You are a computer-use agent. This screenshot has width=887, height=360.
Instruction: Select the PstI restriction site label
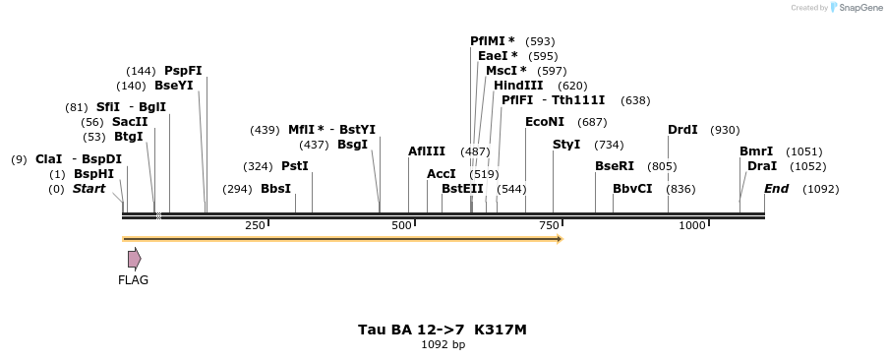(x=295, y=166)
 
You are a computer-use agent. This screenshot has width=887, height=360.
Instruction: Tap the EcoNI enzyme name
(x=545, y=122)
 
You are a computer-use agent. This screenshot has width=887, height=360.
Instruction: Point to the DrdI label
(x=682, y=130)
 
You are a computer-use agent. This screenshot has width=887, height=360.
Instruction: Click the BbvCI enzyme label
(x=632, y=189)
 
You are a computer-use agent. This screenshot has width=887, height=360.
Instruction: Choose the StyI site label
(x=566, y=145)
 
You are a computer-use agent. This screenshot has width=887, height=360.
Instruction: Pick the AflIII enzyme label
(x=427, y=151)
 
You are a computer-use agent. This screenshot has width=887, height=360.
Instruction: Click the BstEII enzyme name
(x=462, y=189)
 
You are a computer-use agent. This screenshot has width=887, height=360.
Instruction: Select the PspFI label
(x=183, y=71)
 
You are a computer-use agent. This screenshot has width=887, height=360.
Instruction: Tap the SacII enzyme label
(x=130, y=122)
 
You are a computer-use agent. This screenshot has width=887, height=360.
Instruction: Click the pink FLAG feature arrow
(x=134, y=259)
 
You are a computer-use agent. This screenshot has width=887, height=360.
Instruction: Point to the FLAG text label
(x=134, y=280)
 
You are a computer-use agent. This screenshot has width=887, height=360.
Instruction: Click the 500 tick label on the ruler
(x=400, y=226)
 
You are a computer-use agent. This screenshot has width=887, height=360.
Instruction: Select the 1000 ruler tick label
(x=692, y=226)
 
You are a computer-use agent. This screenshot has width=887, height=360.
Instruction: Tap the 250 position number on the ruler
(x=255, y=226)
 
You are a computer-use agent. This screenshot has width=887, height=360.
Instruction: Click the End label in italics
(x=776, y=189)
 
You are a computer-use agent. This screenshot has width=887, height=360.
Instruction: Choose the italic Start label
(x=89, y=189)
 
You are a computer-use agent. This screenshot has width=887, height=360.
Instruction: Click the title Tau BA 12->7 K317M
(x=443, y=330)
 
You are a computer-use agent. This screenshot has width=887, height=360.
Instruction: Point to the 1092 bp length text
(x=443, y=345)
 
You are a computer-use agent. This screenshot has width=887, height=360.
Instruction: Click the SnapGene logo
(x=851, y=8)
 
